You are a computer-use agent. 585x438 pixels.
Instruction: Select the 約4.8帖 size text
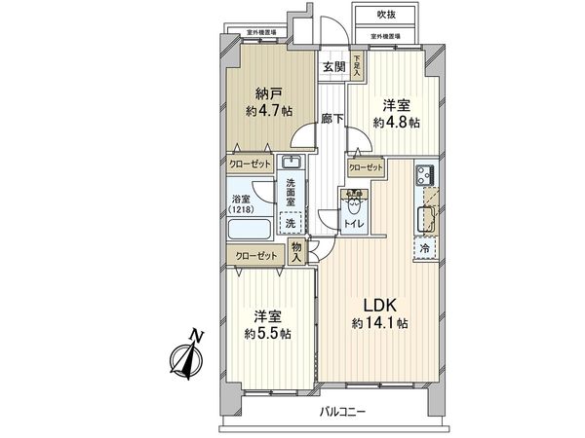(x=397, y=123)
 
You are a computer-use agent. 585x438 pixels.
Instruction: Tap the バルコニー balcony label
(x=342, y=413)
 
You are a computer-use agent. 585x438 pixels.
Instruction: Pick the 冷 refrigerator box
(x=424, y=249)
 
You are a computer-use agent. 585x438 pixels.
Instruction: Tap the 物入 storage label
(x=297, y=252)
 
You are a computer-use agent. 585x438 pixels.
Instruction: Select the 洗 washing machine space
(x=290, y=223)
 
